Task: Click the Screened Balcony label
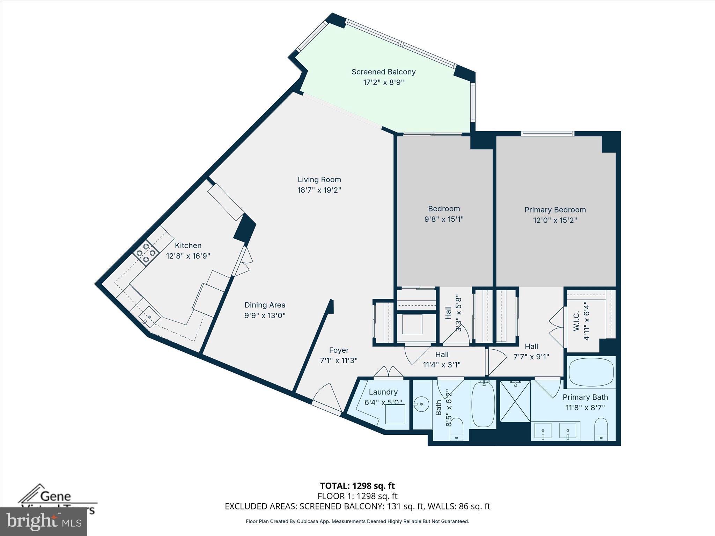383,72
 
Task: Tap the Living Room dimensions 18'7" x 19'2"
319,190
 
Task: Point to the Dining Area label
265,305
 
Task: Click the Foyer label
339,350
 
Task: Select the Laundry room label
383,392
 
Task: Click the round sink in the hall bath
422,404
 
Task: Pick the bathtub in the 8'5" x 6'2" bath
483,404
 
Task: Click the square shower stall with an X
515,401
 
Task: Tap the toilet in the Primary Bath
601,429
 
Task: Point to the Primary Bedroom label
555,210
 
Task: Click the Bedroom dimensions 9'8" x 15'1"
444,219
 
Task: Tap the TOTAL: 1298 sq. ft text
357,486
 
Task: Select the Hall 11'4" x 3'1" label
442,359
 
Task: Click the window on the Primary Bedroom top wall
547,133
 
